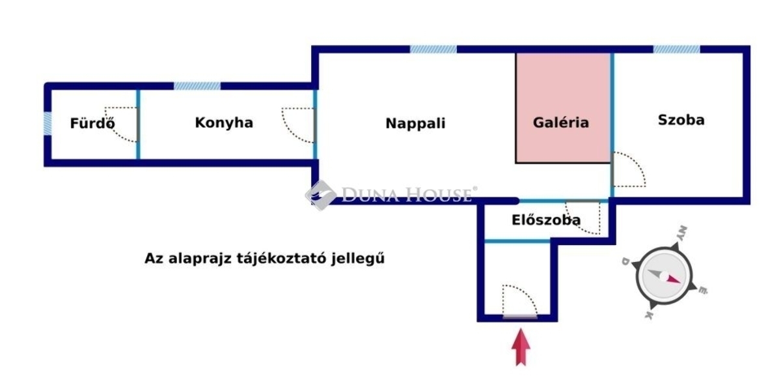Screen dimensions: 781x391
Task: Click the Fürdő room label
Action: [x=92, y=123]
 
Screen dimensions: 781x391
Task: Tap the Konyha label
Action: [x=224, y=123]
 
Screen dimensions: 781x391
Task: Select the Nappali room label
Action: [x=415, y=124]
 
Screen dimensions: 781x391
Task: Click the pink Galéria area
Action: [x=563, y=108]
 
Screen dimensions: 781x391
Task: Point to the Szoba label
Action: [x=681, y=120]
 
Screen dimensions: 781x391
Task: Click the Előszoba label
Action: [x=546, y=220]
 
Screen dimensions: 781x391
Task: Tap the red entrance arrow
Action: [x=521, y=347]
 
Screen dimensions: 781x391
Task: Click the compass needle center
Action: [x=665, y=276]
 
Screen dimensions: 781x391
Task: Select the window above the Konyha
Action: [x=197, y=86]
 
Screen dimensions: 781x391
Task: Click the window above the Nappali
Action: [x=433, y=50]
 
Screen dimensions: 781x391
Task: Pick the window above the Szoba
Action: [x=676, y=50]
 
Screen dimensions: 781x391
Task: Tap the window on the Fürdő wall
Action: [x=48, y=124]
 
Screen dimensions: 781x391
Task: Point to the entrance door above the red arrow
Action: [x=520, y=317]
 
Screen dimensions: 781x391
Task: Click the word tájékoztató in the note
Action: [x=282, y=259]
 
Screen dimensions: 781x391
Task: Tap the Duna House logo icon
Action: [x=321, y=195]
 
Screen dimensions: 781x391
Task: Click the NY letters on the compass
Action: [x=682, y=233]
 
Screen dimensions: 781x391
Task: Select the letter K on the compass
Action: [x=648, y=315]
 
